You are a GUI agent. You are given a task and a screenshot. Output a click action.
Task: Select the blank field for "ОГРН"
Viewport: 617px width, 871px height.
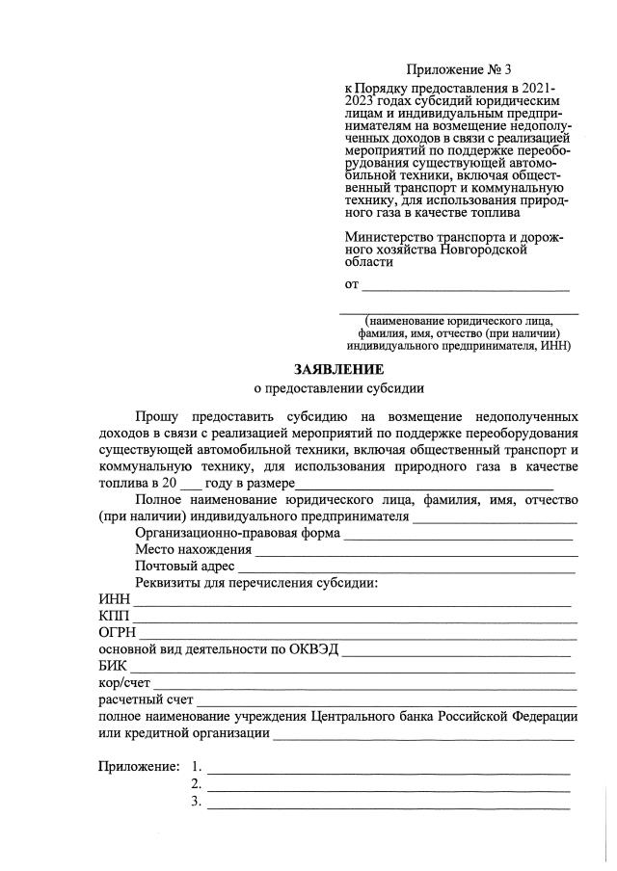[x=358, y=635]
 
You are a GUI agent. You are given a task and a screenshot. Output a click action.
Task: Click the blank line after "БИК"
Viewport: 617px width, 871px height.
[x=353, y=668]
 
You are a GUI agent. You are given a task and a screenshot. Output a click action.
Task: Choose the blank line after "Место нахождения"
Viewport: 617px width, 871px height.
[x=416, y=551]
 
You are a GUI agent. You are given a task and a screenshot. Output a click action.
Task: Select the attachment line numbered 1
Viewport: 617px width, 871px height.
[x=389, y=769]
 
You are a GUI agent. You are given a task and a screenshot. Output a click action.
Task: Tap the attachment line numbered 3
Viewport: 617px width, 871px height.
[x=389, y=804]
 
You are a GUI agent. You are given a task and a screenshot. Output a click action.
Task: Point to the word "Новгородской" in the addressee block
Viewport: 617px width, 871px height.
[x=482, y=249]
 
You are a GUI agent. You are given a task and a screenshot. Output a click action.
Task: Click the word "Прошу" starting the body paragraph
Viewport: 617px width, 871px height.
[x=156, y=417]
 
